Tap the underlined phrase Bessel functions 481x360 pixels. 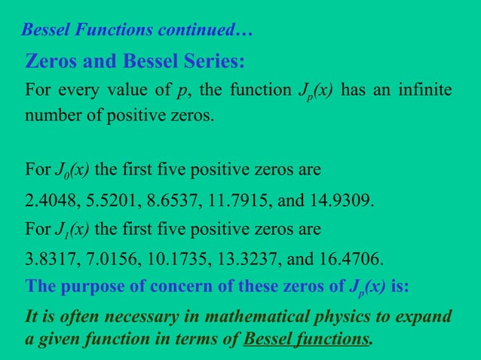click(x=308, y=339)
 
